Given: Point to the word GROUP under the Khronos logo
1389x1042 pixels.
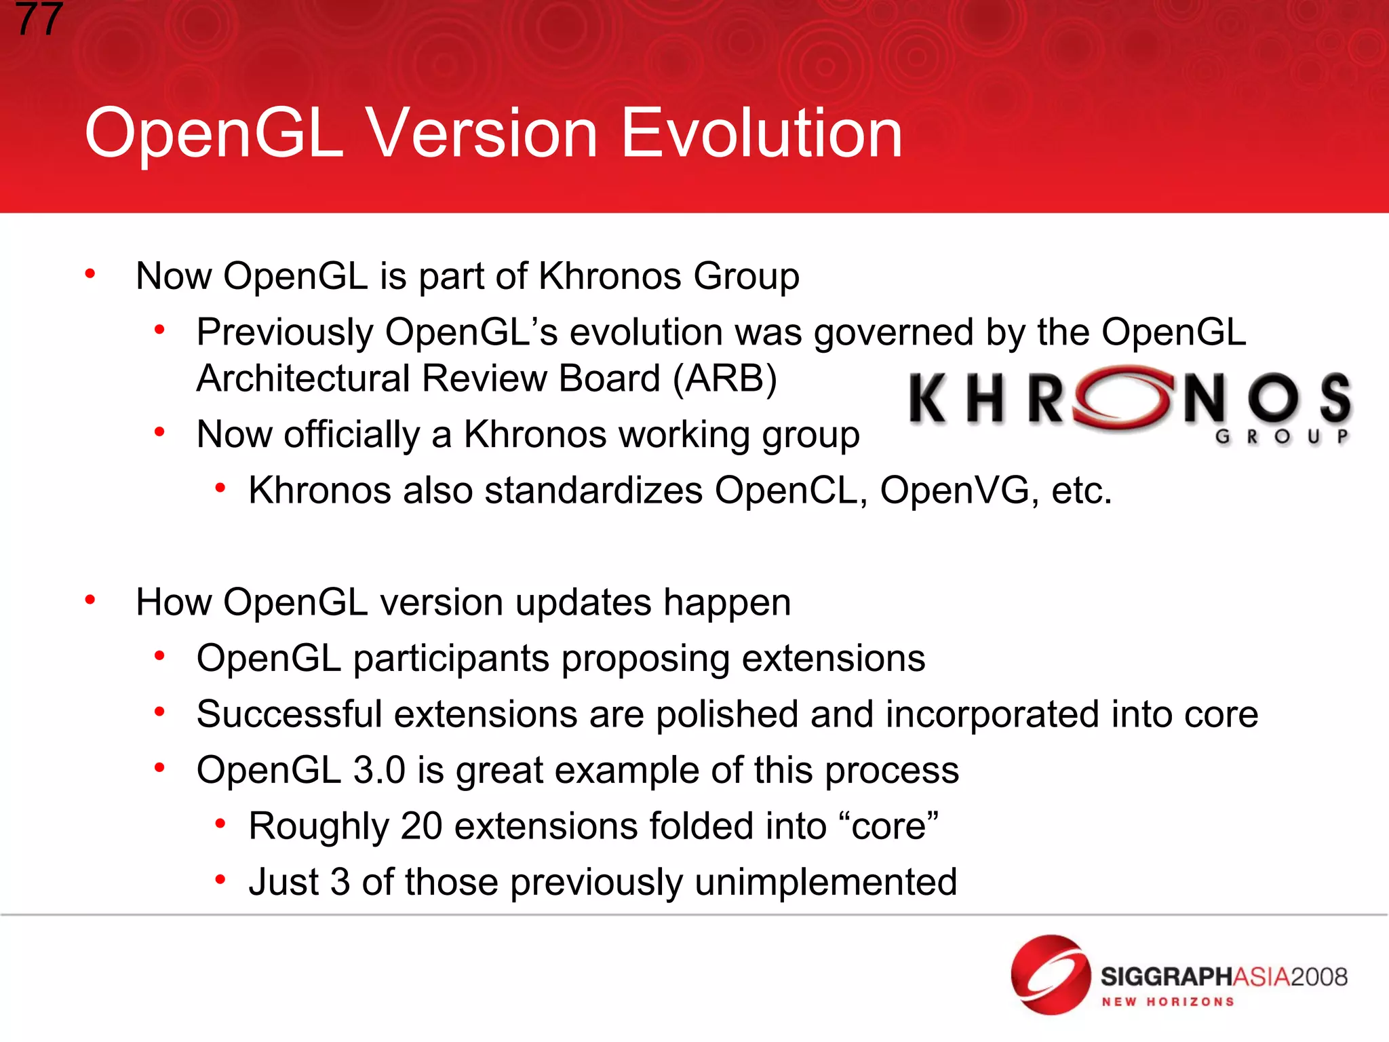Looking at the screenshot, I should (x=1282, y=436).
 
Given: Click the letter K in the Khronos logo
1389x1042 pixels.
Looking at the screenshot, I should (x=928, y=400).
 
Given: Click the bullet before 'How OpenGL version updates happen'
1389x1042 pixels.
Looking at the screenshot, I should (x=90, y=600).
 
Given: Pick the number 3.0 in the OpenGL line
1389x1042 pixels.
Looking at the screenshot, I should (x=378, y=770).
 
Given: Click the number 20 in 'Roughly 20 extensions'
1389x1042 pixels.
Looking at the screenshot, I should (x=421, y=826).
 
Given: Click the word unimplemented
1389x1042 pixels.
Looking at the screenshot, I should (x=825, y=882).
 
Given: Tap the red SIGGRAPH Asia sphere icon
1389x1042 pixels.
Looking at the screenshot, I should (x=1050, y=975).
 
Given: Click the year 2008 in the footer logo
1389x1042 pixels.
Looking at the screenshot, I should (x=1318, y=977).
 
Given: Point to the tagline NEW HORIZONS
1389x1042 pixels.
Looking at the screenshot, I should (x=1167, y=1002).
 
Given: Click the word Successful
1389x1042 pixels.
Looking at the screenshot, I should (x=290, y=714).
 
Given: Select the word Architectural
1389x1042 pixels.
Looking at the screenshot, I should (x=303, y=379).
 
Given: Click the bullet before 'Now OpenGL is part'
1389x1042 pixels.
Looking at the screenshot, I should (x=90, y=274).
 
